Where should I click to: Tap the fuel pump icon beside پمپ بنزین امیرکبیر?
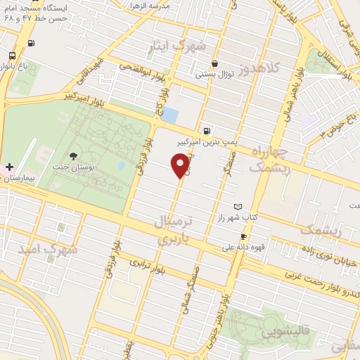tap(206, 130)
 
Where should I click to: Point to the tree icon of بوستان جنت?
tap(73, 156)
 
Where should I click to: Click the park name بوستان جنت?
tap(68, 169)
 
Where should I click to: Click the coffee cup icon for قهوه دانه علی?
tap(243, 237)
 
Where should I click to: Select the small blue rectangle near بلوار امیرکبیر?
tap(170, 115)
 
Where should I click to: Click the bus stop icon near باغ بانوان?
tap(12, 56)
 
